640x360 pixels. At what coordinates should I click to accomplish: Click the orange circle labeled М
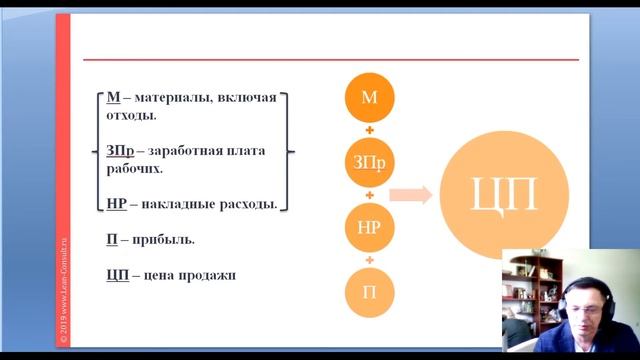click(x=369, y=97)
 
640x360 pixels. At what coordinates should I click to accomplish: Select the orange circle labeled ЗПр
click(x=369, y=162)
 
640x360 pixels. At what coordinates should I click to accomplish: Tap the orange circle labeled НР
click(x=369, y=227)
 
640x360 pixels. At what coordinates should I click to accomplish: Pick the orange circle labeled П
click(x=369, y=292)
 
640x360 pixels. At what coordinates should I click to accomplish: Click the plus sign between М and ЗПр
click(x=369, y=129)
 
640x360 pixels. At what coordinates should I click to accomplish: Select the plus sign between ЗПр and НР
click(x=369, y=194)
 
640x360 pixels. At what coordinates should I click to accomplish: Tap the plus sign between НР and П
click(x=369, y=259)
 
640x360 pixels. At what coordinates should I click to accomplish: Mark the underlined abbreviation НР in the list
click(x=116, y=204)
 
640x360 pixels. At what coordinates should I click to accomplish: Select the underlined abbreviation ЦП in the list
click(x=117, y=275)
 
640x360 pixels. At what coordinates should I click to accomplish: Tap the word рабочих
click(x=134, y=168)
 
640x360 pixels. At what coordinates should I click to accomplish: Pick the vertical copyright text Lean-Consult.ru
click(x=63, y=290)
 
